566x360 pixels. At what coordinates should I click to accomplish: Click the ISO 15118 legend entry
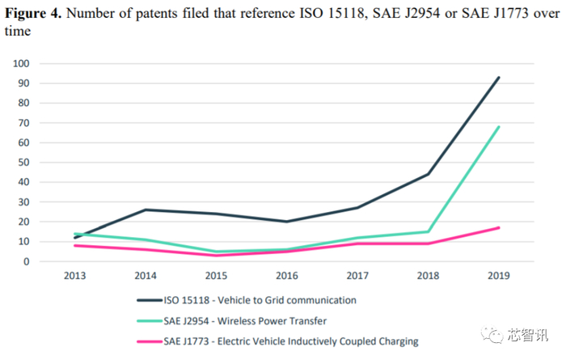(259, 300)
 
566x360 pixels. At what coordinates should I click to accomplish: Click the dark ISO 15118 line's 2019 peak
(499, 78)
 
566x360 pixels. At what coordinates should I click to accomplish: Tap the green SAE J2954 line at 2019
(499, 127)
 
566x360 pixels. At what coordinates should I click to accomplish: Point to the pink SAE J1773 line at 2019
(499, 227)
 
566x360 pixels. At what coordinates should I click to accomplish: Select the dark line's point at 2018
(429, 174)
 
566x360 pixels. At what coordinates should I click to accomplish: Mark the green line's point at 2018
(429, 231)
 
